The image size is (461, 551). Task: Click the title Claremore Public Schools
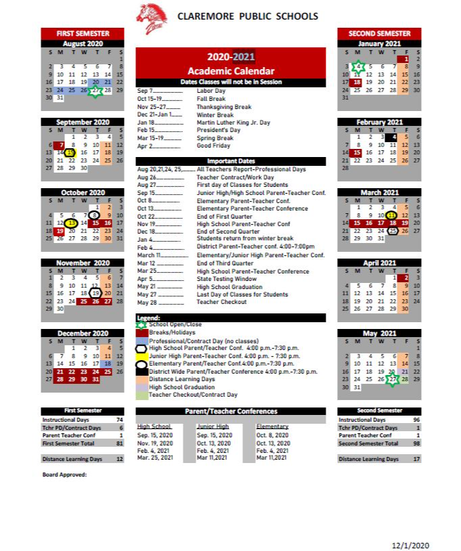click(x=247, y=16)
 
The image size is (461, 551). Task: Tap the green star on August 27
click(x=95, y=90)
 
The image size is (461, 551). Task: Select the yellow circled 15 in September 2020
click(x=70, y=152)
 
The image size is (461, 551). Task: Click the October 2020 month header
click(x=83, y=192)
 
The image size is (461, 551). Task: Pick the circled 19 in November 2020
click(x=96, y=292)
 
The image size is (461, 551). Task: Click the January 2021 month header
click(x=379, y=43)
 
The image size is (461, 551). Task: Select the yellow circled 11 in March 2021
click(x=391, y=215)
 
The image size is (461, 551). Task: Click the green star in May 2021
click(x=393, y=379)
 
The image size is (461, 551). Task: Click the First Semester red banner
click(x=83, y=33)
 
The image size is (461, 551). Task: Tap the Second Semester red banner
click(x=379, y=33)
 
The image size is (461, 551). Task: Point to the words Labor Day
click(x=211, y=90)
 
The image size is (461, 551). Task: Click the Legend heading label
click(x=148, y=317)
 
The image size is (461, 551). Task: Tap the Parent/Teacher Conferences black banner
click(x=231, y=411)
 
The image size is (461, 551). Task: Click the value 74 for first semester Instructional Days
click(x=118, y=420)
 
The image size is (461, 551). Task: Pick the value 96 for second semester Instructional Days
click(x=416, y=420)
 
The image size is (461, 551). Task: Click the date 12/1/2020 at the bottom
click(x=410, y=545)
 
